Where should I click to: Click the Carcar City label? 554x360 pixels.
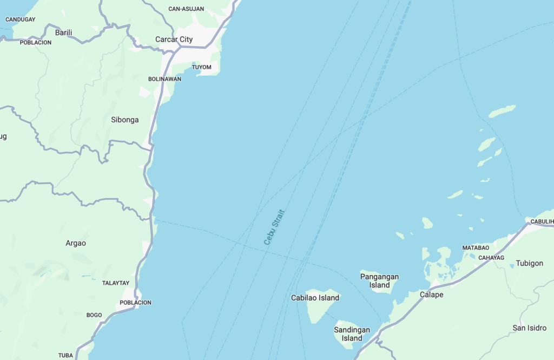174,40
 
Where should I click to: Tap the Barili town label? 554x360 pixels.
63,32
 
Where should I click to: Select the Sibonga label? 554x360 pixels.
125,120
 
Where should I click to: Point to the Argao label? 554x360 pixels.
76,243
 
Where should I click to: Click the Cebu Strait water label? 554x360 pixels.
274,227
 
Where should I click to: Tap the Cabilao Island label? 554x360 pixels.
315,298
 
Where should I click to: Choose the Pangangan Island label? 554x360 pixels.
379,280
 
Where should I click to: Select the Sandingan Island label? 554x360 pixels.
352,334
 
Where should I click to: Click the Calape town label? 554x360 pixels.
431,294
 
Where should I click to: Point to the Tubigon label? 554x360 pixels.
529,263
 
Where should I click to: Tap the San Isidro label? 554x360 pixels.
529,328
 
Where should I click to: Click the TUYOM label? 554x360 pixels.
202,67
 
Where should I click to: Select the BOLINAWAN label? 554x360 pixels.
164,79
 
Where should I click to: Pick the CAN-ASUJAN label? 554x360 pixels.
186,9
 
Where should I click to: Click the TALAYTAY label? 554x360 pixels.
116,283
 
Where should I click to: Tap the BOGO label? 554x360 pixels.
94,315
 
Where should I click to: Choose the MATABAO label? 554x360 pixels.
476,247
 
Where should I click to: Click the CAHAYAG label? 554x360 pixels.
491,258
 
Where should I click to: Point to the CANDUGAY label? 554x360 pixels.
20,19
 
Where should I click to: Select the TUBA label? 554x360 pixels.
65,356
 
